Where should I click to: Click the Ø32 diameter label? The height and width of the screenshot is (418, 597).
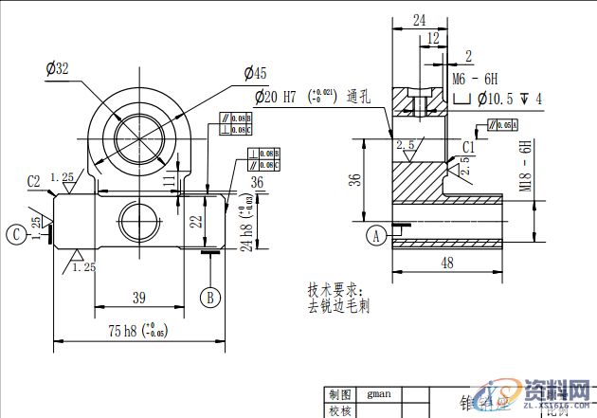[x=58, y=68]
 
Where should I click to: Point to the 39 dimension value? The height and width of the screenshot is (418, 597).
[x=138, y=298]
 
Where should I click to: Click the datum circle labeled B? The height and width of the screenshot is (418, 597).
[x=210, y=298]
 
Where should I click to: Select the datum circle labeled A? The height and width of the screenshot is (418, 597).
[x=376, y=235]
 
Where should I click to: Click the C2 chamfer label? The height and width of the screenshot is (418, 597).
[x=34, y=180]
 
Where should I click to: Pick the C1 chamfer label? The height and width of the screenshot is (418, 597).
[x=469, y=145]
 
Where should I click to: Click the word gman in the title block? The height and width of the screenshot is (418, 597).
[x=379, y=392]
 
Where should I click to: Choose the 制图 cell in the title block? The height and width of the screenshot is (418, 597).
[x=339, y=393]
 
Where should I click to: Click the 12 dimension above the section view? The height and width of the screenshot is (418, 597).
[x=433, y=38]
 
